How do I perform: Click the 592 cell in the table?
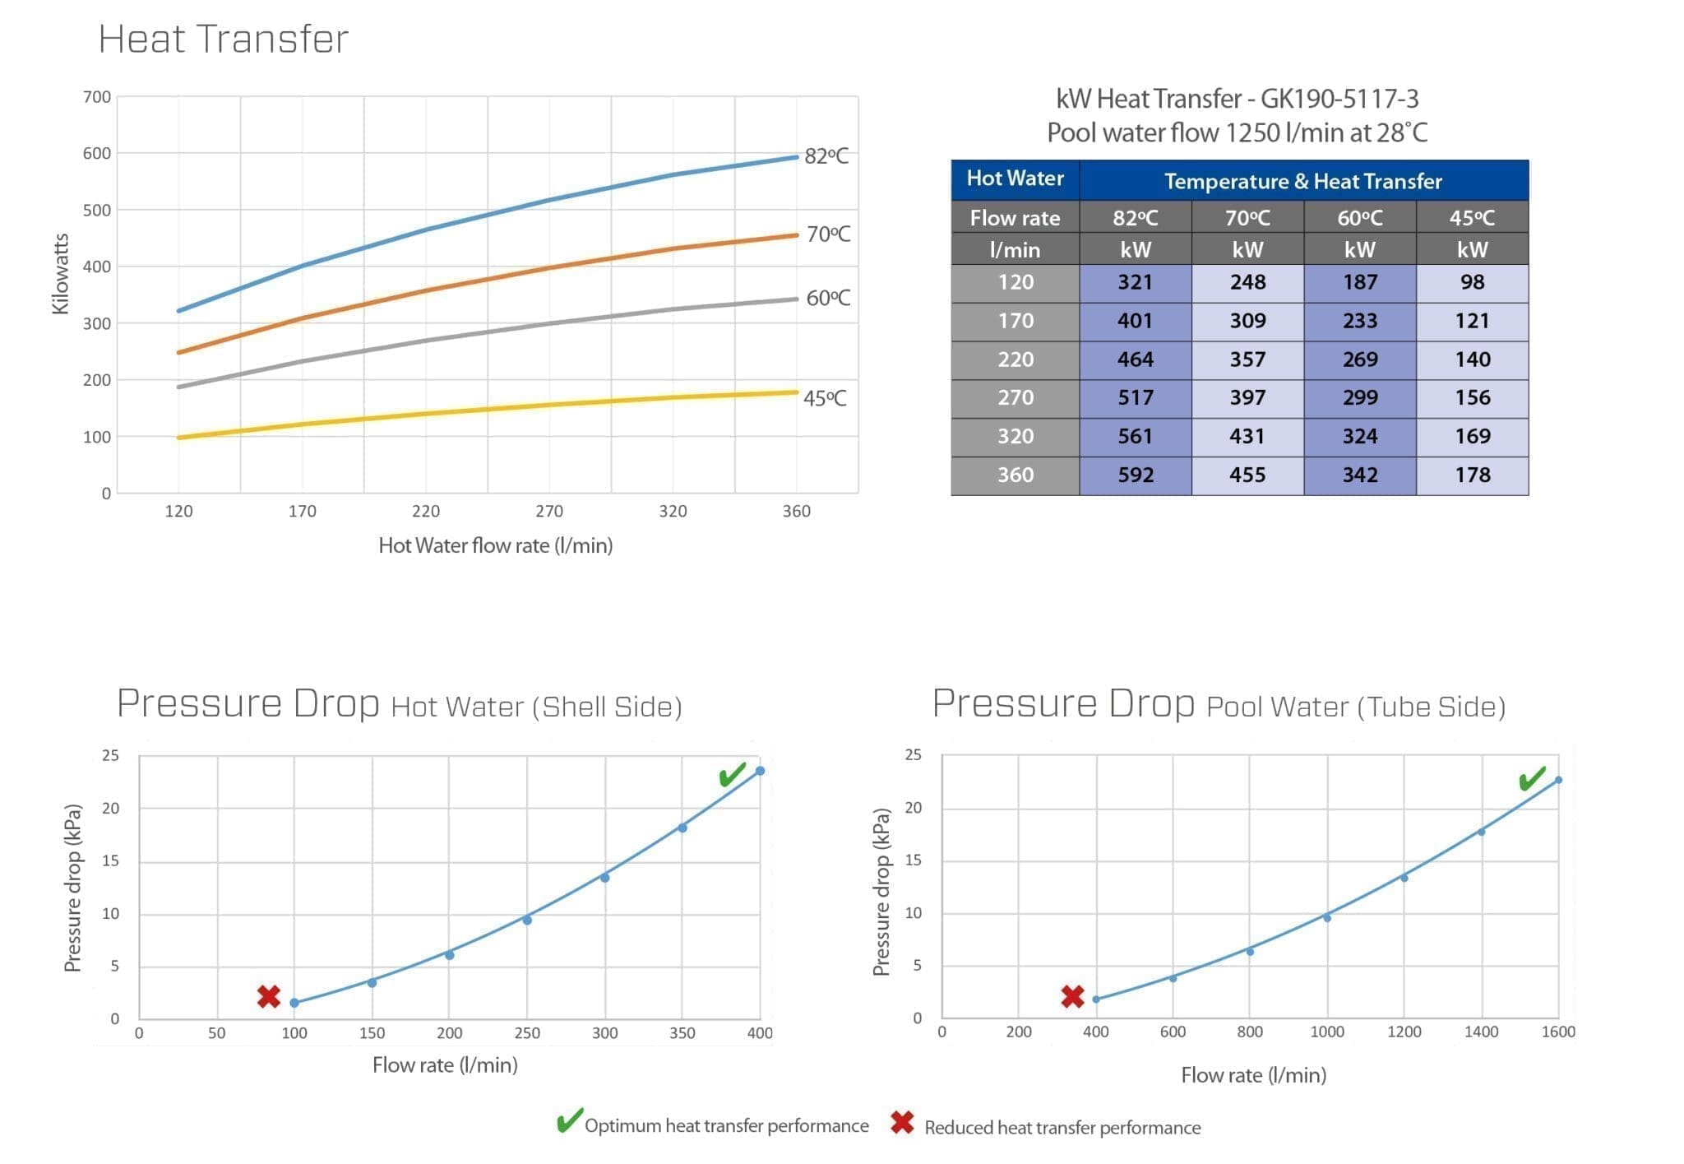pos(1135,475)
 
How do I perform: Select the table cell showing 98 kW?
pos(1472,283)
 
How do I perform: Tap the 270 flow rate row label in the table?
pos(1015,398)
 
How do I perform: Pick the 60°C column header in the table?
pos(1359,218)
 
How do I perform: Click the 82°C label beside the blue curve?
pos(826,155)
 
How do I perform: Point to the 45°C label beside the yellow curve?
pos(824,398)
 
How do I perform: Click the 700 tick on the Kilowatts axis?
pos(97,97)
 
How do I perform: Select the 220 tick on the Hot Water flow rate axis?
pos(426,512)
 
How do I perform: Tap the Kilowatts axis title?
pos(60,274)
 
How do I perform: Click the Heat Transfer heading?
pos(224,39)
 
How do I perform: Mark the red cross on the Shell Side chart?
pos(268,996)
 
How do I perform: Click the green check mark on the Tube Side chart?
pos(1531,777)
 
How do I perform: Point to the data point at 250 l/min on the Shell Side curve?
pos(527,920)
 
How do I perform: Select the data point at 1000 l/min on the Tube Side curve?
pos(1326,917)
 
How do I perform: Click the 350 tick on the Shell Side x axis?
pos(682,1033)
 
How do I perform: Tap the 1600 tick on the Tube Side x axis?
pos(1557,1032)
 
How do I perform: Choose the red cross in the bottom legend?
pos(902,1123)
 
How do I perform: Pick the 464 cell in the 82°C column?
pos(1135,359)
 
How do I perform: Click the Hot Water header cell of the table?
pos(1015,179)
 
